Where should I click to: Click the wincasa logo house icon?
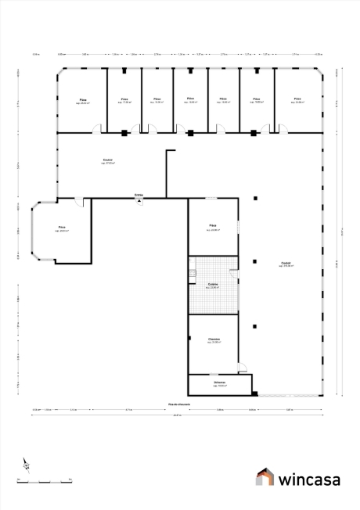[x=266, y=476]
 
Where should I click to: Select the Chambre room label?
[x=214, y=339]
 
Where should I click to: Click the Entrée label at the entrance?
[x=139, y=194]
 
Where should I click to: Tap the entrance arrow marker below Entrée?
[x=139, y=200]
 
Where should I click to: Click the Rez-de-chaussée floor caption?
[x=179, y=404]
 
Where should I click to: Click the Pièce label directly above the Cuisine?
[x=212, y=228]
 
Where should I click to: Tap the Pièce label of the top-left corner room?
[x=82, y=100]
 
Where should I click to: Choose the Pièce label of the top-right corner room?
[x=297, y=99]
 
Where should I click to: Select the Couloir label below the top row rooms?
[x=107, y=161]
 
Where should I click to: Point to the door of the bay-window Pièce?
[x=78, y=203]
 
